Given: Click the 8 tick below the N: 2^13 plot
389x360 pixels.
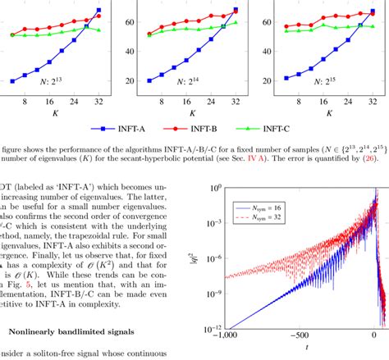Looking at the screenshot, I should point(25,101).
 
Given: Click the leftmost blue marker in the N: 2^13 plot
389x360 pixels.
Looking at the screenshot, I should point(12,81).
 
